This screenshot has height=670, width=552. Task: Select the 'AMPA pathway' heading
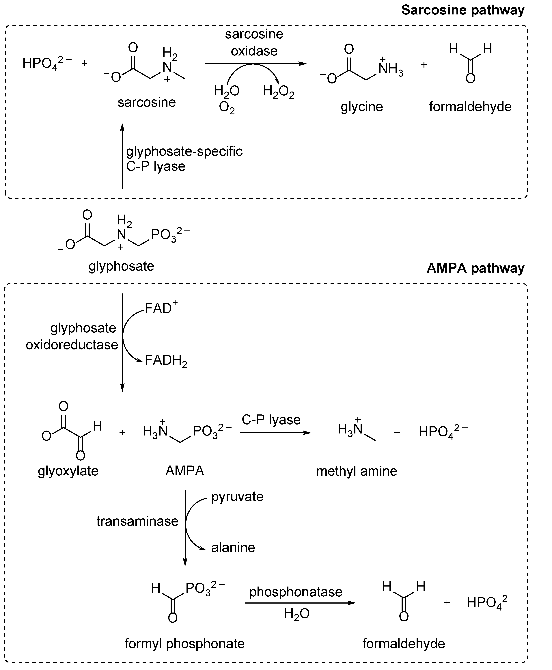click(x=475, y=268)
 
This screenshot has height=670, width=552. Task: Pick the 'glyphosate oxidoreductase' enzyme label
click(x=72, y=336)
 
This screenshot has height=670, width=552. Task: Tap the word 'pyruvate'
click(x=237, y=497)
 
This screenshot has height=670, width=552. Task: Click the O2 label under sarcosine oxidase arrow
click(x=227, y=108)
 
